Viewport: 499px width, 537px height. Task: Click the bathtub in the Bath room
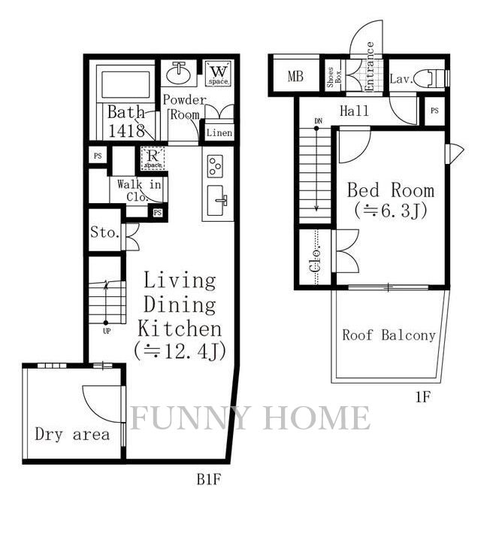click(x=126, y=84)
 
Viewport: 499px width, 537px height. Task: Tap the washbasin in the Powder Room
click(x=179, y=73)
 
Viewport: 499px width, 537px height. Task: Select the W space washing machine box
click(x=219, y=73)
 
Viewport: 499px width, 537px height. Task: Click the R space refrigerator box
click(x=153, y=158)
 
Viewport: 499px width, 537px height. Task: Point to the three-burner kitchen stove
click(x=215, y=166)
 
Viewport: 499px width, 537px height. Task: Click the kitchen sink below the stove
click(x=216, y=201)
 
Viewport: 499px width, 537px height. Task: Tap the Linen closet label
click(x=219, y=132)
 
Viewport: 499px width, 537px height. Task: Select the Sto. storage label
click(x=104, y=232)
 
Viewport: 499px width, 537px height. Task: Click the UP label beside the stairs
click(x=107, y=331)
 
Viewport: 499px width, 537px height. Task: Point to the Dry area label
click(x=72, y=434)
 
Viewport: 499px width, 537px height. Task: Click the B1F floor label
click(x=208, y=480)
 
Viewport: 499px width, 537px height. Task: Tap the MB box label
click(x=295, y=76)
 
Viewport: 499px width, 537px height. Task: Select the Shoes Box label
click(x=334, y=77)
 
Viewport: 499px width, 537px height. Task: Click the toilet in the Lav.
click(x=432, y=77)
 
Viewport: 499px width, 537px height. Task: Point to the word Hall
click(x=354, y=111)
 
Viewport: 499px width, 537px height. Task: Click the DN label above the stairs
click(x=319, y=121)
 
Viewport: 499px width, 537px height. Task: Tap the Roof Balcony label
click(x=389, y=335)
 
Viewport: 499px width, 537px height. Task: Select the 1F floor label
click(x=422, y=397)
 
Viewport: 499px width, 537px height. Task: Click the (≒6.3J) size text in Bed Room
click(x=391, y=211)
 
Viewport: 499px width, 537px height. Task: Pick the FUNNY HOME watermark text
click(x=250, y=417)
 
